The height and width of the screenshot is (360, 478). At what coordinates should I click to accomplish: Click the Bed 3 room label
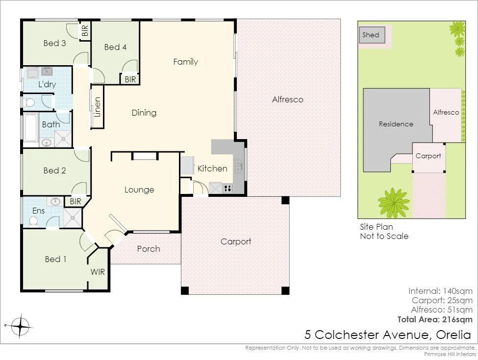tap(54, 43)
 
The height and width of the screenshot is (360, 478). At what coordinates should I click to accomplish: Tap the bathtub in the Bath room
tap(30, 127)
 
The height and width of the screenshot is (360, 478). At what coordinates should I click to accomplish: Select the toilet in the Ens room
tap(33, 221)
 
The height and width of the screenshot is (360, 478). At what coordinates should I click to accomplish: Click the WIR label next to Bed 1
tap(98, 272)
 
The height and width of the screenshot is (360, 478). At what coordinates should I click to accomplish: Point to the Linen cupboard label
tap(98, 108)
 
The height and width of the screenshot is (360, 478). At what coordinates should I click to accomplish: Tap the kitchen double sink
tap(238, 167)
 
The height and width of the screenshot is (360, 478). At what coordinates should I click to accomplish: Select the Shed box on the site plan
tap(371, 35)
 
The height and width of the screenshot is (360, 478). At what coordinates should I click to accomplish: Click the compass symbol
tap(20, 325)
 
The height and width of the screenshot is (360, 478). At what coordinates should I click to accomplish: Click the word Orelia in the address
tap(452, 335)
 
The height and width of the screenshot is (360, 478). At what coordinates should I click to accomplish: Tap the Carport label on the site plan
tap(428, 156)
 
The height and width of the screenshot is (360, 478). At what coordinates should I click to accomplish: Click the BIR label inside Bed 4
tap(130, 79)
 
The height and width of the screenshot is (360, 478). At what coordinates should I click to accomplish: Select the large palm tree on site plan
tap(393, 203)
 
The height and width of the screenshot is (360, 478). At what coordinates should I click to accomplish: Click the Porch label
tap(148, 249)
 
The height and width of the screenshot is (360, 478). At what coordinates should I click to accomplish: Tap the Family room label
tap(185, 62)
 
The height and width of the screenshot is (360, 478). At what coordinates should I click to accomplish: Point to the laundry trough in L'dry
tap(33, 73)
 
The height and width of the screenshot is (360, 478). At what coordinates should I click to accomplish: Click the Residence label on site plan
tap(396, 124)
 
